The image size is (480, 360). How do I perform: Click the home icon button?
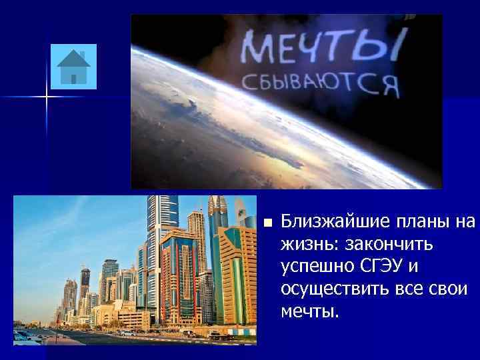73,67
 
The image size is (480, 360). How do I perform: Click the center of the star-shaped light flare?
47,97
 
